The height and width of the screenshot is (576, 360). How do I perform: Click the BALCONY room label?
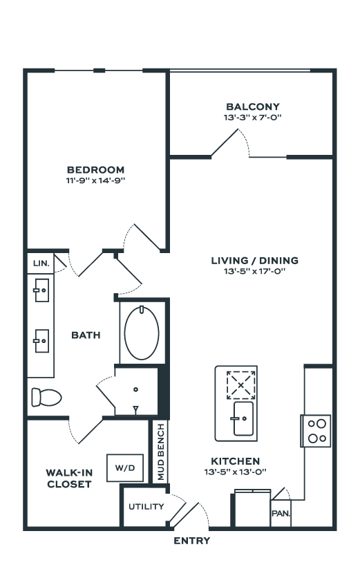(252, 106)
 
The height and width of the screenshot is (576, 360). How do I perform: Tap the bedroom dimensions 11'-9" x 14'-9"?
(96, 180)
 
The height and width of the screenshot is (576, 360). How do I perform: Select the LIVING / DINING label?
(255, 261)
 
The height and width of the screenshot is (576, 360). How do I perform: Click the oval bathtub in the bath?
(142, 333)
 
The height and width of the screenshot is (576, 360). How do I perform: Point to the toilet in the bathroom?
(46, 397)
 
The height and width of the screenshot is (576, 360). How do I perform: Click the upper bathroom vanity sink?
(41, 290)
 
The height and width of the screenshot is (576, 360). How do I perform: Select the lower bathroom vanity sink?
(41, 340)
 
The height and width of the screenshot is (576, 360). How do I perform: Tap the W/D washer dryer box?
(125, 467)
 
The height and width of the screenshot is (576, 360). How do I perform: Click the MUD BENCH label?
(161, 452)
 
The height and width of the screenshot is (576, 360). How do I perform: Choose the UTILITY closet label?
(146, 507)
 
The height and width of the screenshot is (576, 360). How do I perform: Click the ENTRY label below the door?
(192, 540)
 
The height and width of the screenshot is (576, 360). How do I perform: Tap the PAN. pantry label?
(281, 513)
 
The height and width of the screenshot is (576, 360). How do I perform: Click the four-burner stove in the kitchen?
(316, 431)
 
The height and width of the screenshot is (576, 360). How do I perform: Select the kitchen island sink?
(243, 418)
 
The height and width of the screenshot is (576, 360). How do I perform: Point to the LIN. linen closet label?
(41, 263)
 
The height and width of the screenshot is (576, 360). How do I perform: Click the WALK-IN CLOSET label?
(69, 479)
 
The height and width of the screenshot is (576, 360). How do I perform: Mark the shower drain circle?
(136, 389)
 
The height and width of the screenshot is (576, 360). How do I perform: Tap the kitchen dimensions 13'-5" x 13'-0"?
(235, 472)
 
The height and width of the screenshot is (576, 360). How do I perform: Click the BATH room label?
(86, 335)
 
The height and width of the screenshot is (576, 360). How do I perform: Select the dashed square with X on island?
(240, 385)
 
